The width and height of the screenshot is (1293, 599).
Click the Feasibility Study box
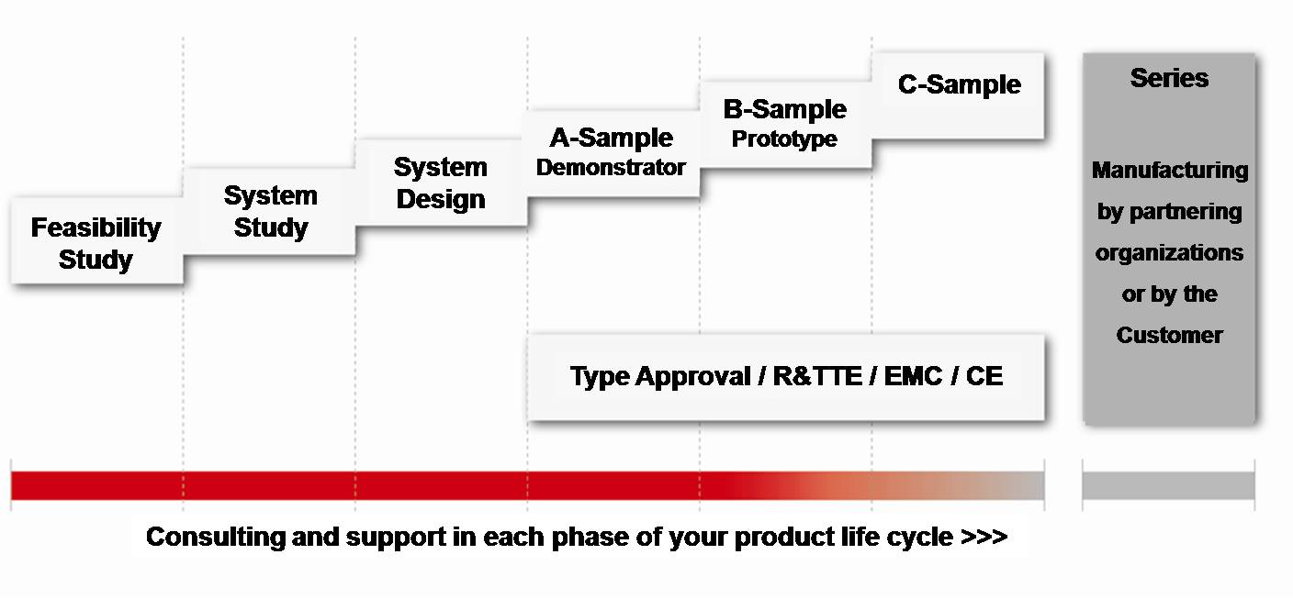coord(96,240)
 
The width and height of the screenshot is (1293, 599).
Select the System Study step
coord(269,211)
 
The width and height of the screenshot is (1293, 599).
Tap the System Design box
coord(441,183)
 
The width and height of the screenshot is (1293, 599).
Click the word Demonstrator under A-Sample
coord(611,167)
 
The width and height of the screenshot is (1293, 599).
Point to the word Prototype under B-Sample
coord(784,139)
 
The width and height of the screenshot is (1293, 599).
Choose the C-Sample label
coord(960,84)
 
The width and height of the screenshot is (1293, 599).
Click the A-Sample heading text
coord(611,138)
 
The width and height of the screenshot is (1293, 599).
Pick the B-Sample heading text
coord(784,109)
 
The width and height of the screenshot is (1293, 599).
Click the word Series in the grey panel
coord(1169,78)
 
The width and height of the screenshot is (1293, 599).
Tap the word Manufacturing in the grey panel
coord(1169,170)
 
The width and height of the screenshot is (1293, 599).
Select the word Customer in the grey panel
coord(1169,335)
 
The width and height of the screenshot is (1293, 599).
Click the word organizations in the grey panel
coord(1169,253)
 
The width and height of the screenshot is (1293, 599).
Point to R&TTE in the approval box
coord(817,376)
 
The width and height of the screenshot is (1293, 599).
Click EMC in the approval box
coord(913,376)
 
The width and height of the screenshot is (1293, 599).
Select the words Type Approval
coord(660,377)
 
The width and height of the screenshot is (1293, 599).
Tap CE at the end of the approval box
coord(984,376)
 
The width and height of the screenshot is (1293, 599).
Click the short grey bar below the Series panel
coord(1168,485)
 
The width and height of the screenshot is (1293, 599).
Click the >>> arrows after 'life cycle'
coord(984,537)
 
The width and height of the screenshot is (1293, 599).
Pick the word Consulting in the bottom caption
coord(215,538)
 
